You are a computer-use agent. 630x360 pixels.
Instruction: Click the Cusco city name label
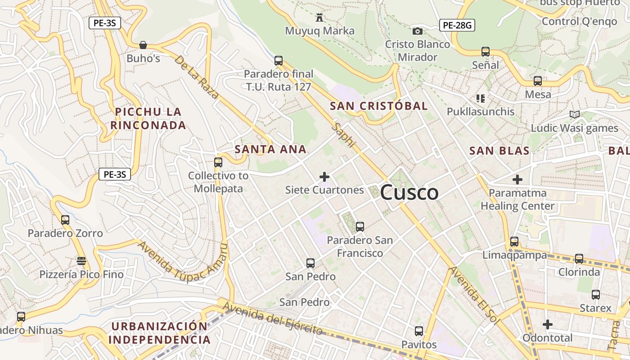coord(409,193)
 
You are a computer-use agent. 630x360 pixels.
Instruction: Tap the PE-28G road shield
coord(457,25)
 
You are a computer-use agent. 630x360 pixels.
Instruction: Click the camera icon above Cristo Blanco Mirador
coord(418,31)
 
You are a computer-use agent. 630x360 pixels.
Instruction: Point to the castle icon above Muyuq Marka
coord(319,18)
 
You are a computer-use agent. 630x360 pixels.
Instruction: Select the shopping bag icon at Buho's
coord(143,45)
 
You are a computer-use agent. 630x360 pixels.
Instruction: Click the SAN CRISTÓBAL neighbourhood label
coord(378,106)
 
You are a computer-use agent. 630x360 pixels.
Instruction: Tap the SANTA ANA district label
coord(270,149)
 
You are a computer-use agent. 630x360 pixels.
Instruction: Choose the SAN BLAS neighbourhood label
coord(499,151)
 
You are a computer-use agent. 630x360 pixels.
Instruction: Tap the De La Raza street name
coord(197,77)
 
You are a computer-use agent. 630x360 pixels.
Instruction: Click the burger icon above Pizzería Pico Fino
coord(81,261)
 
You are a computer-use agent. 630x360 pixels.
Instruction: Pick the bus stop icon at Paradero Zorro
coord(65,220)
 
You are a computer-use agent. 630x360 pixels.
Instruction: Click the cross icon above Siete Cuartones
coord(324,177)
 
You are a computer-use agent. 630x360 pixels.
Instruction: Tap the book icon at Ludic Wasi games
coord(574,114)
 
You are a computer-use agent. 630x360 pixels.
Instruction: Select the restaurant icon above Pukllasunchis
coord(480,98)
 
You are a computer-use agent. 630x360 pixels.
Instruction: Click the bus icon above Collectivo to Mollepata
coord(218,162)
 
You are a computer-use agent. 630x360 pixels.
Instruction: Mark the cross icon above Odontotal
coord(547,324)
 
